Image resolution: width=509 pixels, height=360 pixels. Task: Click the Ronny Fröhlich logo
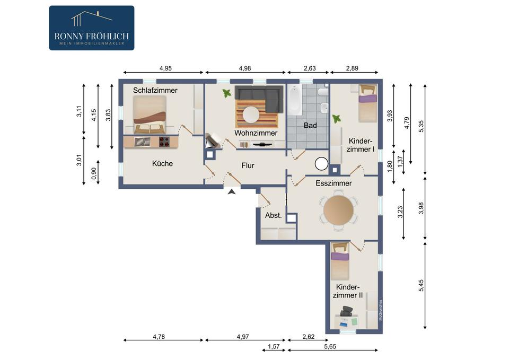point(92,28)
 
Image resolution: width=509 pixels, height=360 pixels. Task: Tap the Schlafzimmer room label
point(155,90)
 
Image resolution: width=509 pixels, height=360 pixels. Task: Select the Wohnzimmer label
point(256,133)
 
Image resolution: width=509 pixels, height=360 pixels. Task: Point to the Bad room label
point(310,125)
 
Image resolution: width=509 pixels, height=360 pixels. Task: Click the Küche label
point(162,163)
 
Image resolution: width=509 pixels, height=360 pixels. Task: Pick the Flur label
point(248,165)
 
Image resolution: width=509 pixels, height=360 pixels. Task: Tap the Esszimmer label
point(334,183)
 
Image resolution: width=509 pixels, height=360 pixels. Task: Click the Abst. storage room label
point(274,215)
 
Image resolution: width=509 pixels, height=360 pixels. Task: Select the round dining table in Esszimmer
point(338,210)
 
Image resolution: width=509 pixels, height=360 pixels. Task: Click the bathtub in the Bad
point(295,100)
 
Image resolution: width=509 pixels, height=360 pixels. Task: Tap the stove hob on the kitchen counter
point(164,142)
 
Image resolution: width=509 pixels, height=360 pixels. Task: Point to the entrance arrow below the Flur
point(232,191)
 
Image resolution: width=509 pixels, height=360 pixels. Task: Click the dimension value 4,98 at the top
point(245,68)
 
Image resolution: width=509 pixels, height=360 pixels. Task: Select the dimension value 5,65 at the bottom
point(330,346)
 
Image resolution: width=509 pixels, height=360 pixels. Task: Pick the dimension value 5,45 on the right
point(421,285)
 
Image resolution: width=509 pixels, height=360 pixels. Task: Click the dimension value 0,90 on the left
point(94,173)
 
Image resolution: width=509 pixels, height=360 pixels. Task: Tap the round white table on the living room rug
point(251,115)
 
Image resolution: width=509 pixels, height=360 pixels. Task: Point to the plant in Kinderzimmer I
point(336,118)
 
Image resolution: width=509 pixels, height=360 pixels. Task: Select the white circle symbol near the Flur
point(321,164)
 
